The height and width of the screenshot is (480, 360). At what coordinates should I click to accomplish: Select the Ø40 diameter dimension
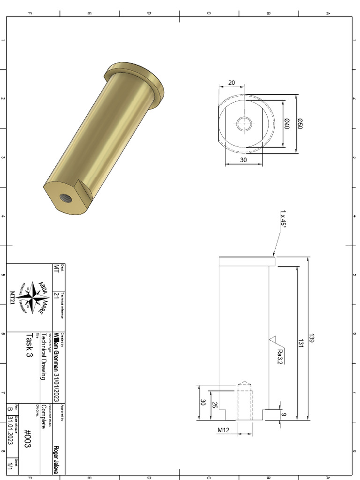tap(287, 124)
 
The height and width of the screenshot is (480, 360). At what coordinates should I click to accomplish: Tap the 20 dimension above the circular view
tap(232, 82)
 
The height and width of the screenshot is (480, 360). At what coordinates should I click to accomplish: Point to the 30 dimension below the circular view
tap(243, 160)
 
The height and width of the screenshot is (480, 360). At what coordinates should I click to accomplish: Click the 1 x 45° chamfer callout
tap(283, 218)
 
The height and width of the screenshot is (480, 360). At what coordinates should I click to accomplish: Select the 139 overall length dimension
tap(311, 338)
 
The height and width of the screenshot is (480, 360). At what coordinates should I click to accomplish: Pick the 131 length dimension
tap(300, 343)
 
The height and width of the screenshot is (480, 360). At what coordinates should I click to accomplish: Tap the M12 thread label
tap(223, 430)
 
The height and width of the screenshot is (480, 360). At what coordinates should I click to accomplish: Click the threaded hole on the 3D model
tap(66, 197)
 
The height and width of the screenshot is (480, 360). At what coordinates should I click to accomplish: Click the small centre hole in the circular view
tap(244, 124)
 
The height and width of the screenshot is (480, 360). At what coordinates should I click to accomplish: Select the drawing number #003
tap(27, 439)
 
